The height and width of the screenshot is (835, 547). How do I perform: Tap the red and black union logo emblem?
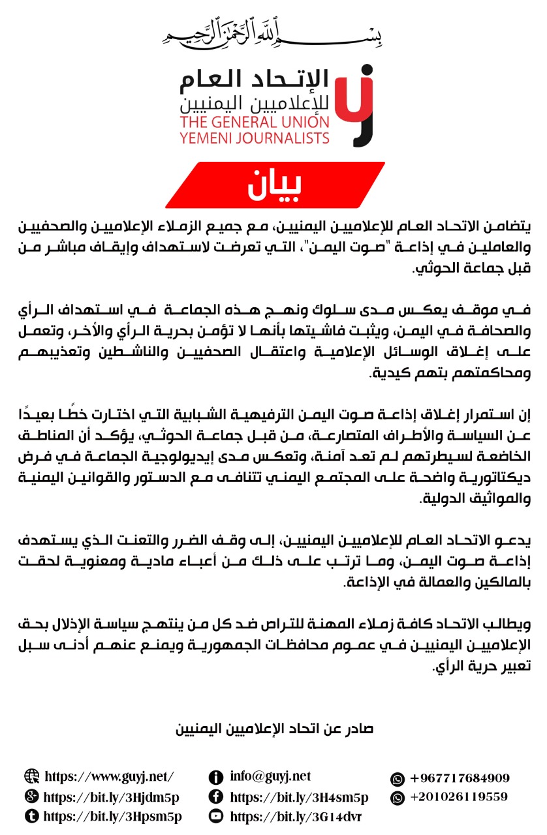point(356,104)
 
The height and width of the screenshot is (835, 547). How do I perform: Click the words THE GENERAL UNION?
point(255,123)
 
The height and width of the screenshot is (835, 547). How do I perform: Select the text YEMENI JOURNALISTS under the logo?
point(255,138)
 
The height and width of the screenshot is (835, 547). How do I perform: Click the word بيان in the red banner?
point(274,185)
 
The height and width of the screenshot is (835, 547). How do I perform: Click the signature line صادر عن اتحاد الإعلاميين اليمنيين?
point(274,729)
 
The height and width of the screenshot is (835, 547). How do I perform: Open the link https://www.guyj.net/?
point(109,776)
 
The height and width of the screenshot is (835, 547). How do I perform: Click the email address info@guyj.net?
point(270,776)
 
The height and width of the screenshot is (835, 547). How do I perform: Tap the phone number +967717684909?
point(460,778)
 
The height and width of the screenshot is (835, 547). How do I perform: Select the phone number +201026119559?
point(458,797)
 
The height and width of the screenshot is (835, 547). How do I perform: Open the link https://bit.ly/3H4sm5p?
point(299,797)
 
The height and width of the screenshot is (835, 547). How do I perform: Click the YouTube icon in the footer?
point(215,816)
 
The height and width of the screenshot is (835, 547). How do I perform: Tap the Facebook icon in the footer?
point(215,797)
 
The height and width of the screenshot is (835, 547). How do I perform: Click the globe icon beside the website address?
point(31,776)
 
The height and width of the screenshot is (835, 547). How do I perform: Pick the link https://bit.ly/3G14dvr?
point(296,817)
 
